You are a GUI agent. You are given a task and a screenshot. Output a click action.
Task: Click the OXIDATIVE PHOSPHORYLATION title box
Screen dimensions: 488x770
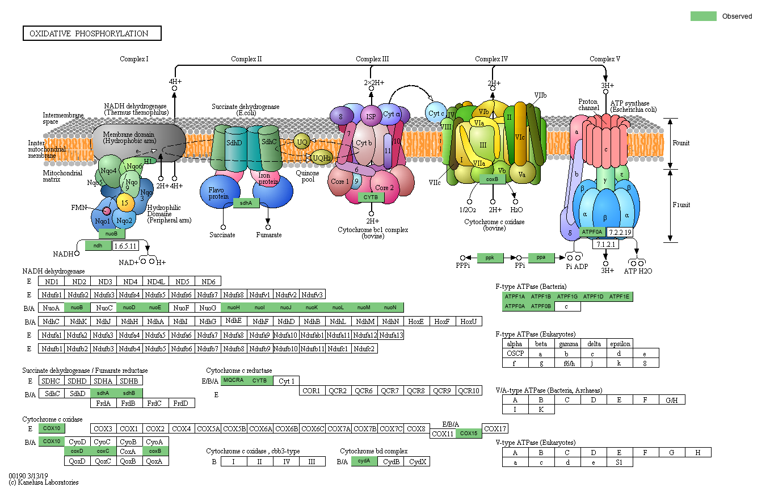point(92,33)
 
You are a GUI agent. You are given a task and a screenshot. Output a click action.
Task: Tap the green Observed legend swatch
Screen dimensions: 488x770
point(703,16)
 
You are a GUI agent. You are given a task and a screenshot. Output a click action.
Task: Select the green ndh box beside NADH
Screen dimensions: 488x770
point(98,246)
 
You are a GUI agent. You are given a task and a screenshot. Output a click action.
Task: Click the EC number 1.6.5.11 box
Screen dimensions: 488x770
point(125,246)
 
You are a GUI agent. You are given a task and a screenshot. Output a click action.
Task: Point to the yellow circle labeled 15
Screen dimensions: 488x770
point(125,201)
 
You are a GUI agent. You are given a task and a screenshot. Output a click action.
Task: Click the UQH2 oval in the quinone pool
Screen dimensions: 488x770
point(322,157)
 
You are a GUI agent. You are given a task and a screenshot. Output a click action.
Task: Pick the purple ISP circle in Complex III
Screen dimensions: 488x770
point(371,116)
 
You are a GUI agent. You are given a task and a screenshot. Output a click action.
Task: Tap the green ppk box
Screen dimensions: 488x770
point(490,258)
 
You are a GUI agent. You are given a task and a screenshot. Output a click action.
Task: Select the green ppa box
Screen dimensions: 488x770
point(541,258)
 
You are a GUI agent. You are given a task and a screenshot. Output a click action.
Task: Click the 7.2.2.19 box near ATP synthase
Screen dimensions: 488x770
point(620,232)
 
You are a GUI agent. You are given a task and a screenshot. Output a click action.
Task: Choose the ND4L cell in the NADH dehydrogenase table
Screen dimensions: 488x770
point(156,281)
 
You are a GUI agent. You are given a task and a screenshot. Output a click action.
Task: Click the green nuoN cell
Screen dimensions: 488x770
point(390,308)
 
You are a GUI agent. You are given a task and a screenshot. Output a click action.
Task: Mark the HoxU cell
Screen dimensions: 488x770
point(469,321)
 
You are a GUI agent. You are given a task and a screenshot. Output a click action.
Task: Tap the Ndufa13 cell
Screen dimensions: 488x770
point(391,335)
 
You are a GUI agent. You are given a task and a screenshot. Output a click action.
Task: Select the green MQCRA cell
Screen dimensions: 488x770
point(233,380)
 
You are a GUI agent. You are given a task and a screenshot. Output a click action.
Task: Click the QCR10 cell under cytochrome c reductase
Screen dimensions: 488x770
point(469,390)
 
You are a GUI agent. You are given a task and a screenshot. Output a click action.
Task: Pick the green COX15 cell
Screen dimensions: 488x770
point(469,434)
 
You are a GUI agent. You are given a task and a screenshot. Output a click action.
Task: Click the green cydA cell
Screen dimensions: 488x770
point(364,461)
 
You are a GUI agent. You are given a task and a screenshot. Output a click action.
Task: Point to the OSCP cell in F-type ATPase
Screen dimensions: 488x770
point(515,354)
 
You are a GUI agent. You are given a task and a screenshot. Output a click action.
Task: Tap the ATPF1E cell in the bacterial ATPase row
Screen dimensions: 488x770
point(620,297)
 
